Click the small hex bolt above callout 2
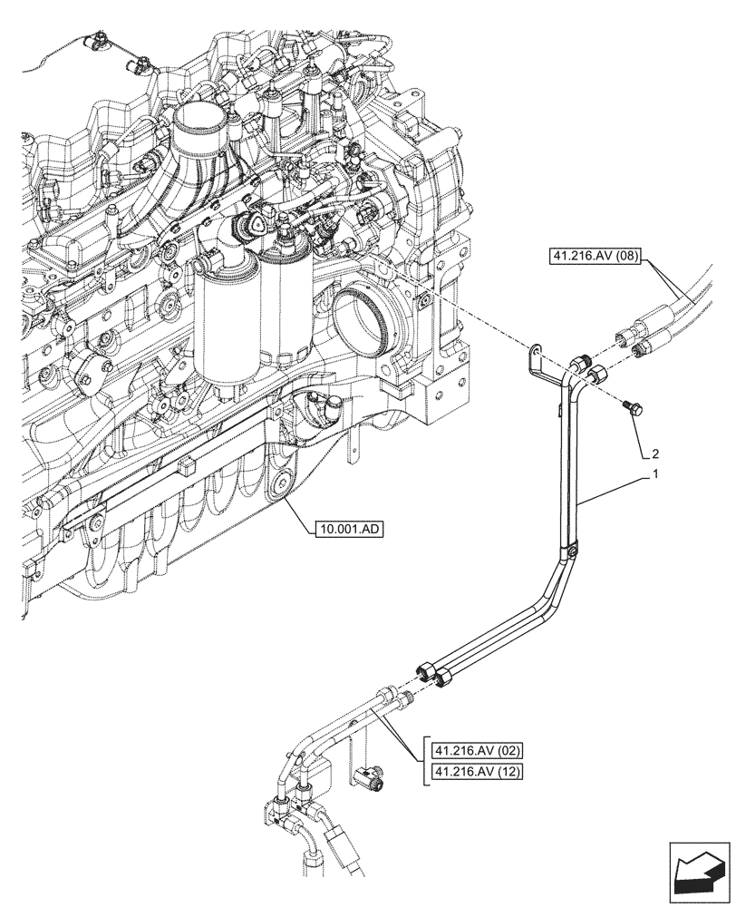click(632, 410)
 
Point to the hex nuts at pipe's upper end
click(586, 366)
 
